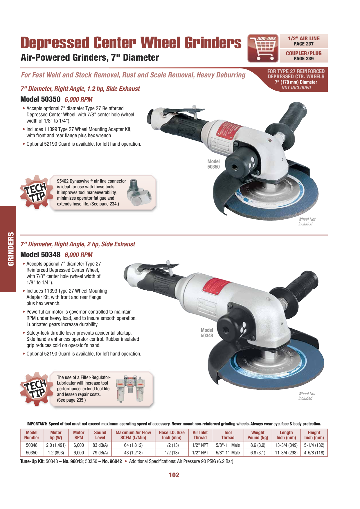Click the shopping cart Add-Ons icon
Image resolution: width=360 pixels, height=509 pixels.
[x=263, y=48]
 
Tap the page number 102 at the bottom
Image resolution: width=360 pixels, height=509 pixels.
[x=174, y=475]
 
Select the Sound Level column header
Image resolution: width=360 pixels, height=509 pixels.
[x=100, y=435]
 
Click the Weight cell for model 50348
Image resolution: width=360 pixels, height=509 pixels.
[x=258, y=445]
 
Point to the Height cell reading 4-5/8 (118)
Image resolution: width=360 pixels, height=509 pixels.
[x=314, y=453]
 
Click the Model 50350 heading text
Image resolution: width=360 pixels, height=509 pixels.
[x=40, y=99]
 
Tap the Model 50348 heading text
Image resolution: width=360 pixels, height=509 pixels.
[x=40, y=255]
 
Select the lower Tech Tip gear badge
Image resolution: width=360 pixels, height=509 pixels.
[x=36, y=388]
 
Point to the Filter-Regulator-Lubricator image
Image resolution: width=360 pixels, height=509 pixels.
[x=130, y=389]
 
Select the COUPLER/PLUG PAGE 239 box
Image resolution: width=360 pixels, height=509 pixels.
[x=304, y=56]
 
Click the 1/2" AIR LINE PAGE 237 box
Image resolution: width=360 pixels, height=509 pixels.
[x=304, y=41]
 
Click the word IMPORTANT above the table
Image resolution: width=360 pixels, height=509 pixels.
[x=37, y=424]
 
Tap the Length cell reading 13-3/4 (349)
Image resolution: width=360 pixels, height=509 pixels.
[x=286, y=445]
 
